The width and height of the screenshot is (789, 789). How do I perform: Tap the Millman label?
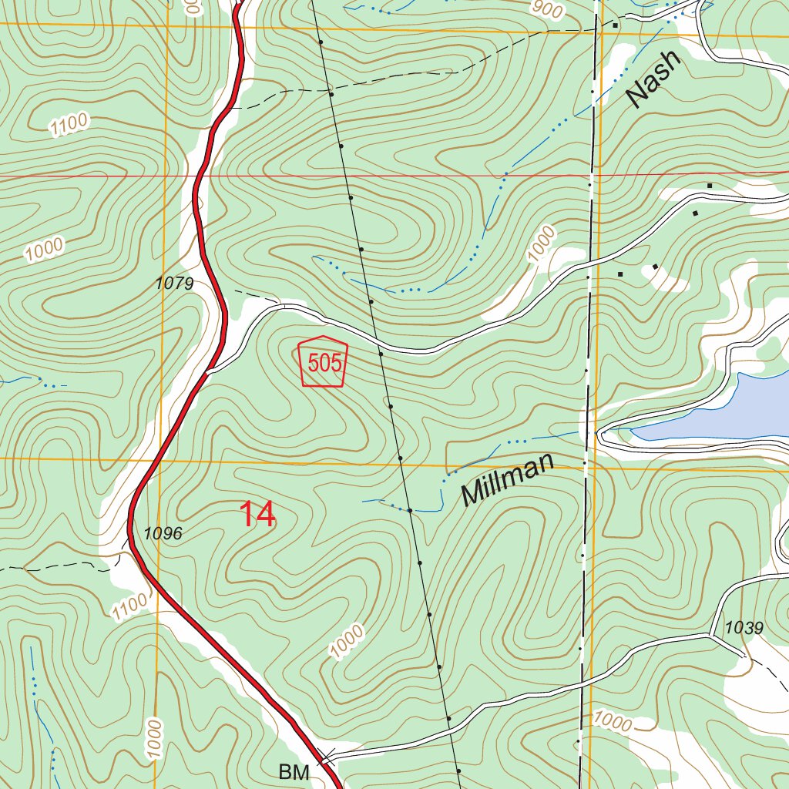[x=508, y=479]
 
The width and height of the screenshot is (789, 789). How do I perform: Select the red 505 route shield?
[x=323, y=361]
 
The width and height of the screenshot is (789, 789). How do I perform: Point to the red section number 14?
[x=257, y=515]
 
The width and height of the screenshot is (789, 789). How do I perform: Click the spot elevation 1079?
[x=174, y=284]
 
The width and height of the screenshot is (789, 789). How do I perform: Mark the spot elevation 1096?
[x=163, y=533]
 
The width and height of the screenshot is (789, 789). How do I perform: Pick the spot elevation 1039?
[x=744, y=628]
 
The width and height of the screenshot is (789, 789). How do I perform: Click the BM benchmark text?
[x=294, y=771]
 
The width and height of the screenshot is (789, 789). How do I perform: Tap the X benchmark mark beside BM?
[x=327, y=755]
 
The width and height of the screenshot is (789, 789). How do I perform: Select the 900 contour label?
[x=546, y=8]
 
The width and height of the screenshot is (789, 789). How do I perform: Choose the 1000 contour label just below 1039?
[x=613, y=722]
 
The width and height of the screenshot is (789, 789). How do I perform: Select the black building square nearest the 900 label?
[x=615, y=25]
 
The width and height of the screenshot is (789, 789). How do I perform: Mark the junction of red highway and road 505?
[x=208, y=372]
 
